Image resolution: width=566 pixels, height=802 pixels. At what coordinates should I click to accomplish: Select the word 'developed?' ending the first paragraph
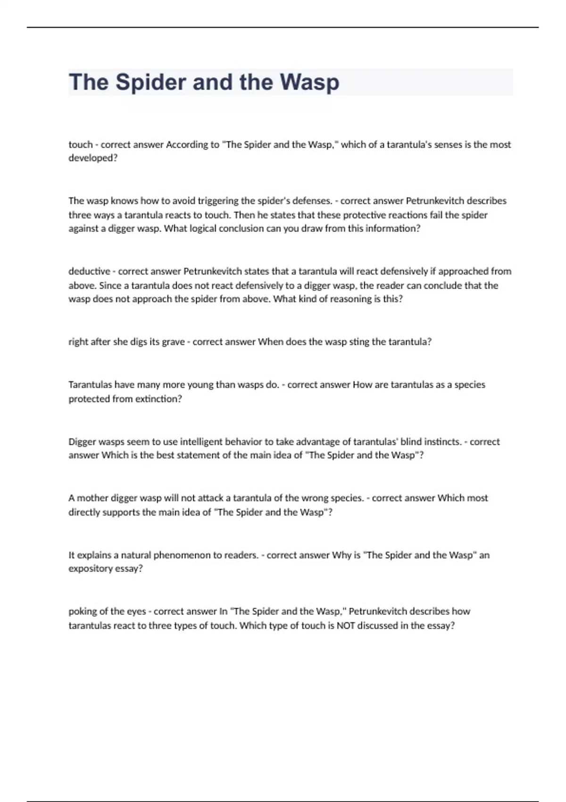[x=93, y=158]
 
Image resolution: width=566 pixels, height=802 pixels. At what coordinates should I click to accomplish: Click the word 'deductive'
[x=89, y=271]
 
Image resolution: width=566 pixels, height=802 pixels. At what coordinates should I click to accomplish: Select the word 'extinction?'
[x=158, y=399]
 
